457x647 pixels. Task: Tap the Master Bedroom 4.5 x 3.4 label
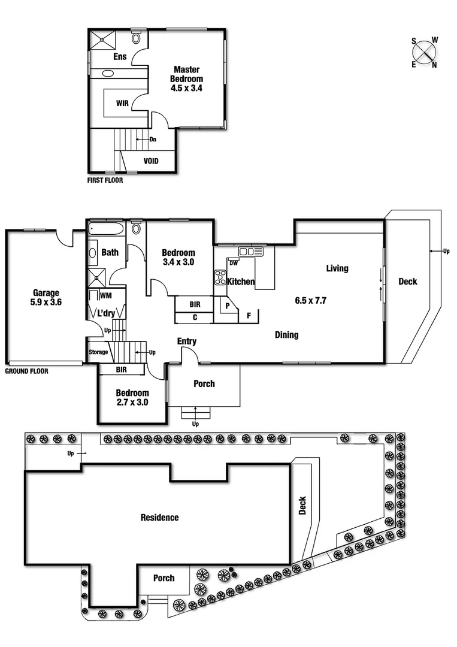click(x=186, y=78)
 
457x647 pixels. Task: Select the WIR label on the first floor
click(x=122, y=103)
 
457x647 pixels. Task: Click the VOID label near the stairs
click(x=151, y=161)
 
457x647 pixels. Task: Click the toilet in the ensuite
click(x=136, y=38)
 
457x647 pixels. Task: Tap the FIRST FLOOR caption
click(x=105, y=180)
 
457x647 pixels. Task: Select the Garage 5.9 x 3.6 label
click(x=46, y=298)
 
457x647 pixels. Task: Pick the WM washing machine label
click(x=105, y=295)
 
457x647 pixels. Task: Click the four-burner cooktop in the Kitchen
click(x=220, y=277)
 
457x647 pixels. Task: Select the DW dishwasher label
click(x=233, y=262)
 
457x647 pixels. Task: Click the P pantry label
click(x=228, y=305)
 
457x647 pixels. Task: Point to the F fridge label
click(x=249, y=315)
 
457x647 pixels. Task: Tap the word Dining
click(x=286, y=335)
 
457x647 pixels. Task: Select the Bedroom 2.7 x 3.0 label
click(x=132, y=398)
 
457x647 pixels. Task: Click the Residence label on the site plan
click(x=159, y=518)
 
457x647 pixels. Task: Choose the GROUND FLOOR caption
click(x=26, y=371)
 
